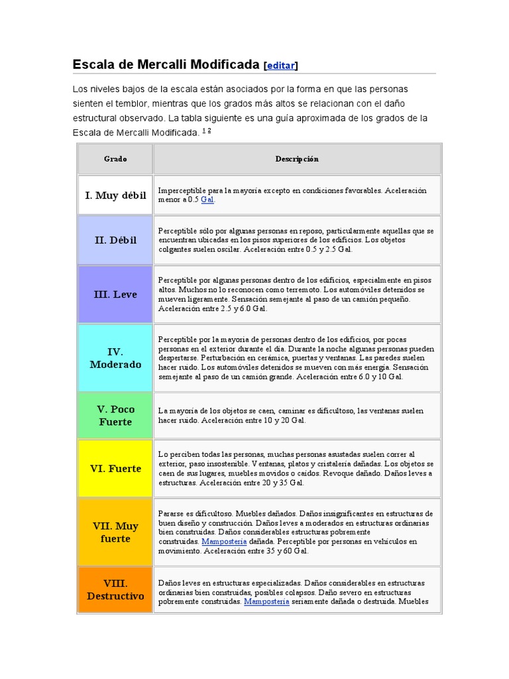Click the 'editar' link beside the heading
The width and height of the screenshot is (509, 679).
pyautogui.click(x=281, y=66)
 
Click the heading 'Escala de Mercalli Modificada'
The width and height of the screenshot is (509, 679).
pyautogui.click(x=166, y=64)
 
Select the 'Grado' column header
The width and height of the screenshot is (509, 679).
pyautogui.click(x=115, y=159)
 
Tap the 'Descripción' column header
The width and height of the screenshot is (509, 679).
pyautogui.click(x=297, y=159)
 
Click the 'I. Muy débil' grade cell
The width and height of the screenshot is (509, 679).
pyautogui.click(x=115, y=196)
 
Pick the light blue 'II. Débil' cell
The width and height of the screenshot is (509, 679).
pyautogui.click(x=115, y=240)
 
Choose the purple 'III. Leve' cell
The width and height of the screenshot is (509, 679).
pyautogui.click(x=115, y=294)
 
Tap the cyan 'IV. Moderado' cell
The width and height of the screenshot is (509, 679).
pyautogui.click(x=115, y=358)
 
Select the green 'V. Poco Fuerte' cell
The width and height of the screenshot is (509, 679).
pyautogui.click(x=115, y=416)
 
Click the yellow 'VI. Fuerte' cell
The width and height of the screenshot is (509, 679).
pyautogui.click(x=115, y=469)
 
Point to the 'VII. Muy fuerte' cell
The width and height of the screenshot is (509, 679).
pyautogui.click(x=115, y=532)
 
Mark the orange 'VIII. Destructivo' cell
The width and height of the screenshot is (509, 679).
pyautogui.click(x=115, y=589)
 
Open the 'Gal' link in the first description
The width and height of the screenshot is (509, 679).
pyautogui.click(x=207, y=200)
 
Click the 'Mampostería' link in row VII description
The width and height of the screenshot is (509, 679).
pyautogui.click(x=225, y=541)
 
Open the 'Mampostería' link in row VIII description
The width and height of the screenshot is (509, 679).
pyautogui.click(x=266, y=601)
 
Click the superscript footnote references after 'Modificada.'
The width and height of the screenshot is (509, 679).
pyautogui.click(x=206, y=131)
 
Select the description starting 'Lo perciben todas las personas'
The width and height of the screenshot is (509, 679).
pyautogui.click(x=296, y=469)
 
